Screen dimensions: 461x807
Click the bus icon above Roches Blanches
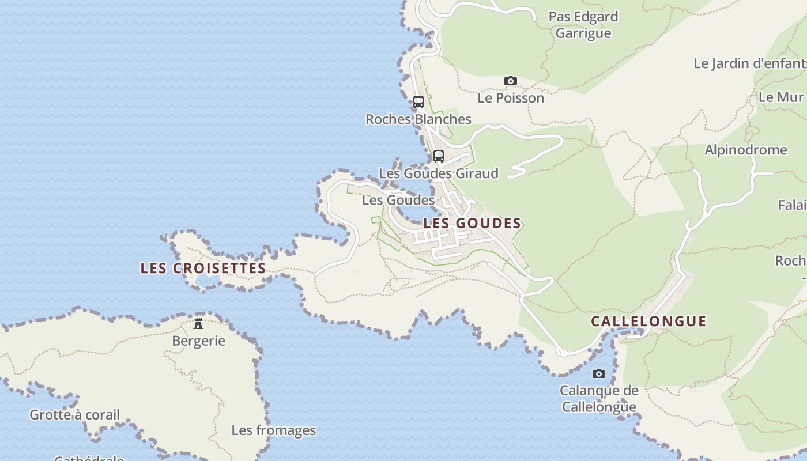418,102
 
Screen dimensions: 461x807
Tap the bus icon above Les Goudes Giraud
439,156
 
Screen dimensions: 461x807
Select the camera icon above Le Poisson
511,81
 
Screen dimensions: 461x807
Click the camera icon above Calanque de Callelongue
599,373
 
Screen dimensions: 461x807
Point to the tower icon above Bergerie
198,323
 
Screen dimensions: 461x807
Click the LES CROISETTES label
203,269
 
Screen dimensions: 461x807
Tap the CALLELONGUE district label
648,322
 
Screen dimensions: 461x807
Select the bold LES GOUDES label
472,224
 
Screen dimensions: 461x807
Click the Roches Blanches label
418,119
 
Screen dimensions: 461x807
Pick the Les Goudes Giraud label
438,173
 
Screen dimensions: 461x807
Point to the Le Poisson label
511,98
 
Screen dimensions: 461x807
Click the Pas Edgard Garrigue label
583,25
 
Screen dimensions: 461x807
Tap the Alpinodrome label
745,150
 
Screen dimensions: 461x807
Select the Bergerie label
198,341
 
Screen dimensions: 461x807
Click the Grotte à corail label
74,415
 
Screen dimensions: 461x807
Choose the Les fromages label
274,430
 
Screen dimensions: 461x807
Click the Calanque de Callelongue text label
599,399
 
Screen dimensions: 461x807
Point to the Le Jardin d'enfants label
749,63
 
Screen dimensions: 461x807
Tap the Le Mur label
781,97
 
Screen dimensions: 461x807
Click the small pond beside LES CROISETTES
207,280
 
